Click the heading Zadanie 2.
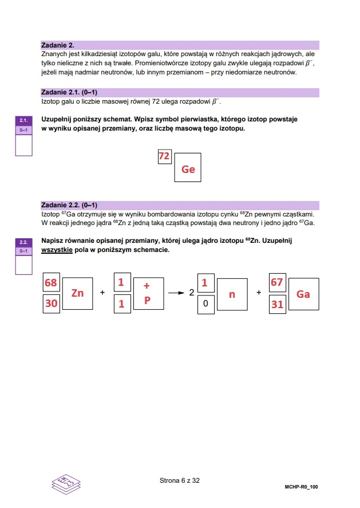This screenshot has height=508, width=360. pyautogui.click(x=58, y=45)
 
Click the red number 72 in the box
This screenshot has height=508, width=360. pyautogui.click(x=164, y=156)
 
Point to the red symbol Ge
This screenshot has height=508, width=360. pyautogui.click(x=188, y=169)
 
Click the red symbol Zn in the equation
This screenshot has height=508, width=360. pyautogui.click(x=77, y=293)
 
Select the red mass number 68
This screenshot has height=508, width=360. pyautogui.click(x=51, y=283)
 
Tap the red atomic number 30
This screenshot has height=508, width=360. pyautogui.click(x=51, y=304)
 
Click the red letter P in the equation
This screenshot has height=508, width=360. pyautogui.click(x=147, y=300)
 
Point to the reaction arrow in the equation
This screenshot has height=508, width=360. pyautogui.click(x=175, y=293)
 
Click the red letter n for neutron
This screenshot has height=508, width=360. pyautogui.click(x=232, y=294)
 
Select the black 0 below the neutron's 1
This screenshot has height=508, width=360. pyautogui.click(x=205, y=304)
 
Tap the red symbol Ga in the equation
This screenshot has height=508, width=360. pyautogui.click(x=303, y=294)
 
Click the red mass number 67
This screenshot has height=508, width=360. pyautogui.click(x=277, y=283)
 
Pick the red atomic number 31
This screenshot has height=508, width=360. pyautogui.click(x=277, y=304)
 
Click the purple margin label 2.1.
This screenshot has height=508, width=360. pyautogui.click(x=23, y=121)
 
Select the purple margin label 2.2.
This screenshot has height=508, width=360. pyautogui.click(x=23, y=242)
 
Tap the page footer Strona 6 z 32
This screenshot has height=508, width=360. pyautogui.click(x=179, y=481)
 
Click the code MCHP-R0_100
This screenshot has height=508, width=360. pyautogui.click(x=301, y=487)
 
